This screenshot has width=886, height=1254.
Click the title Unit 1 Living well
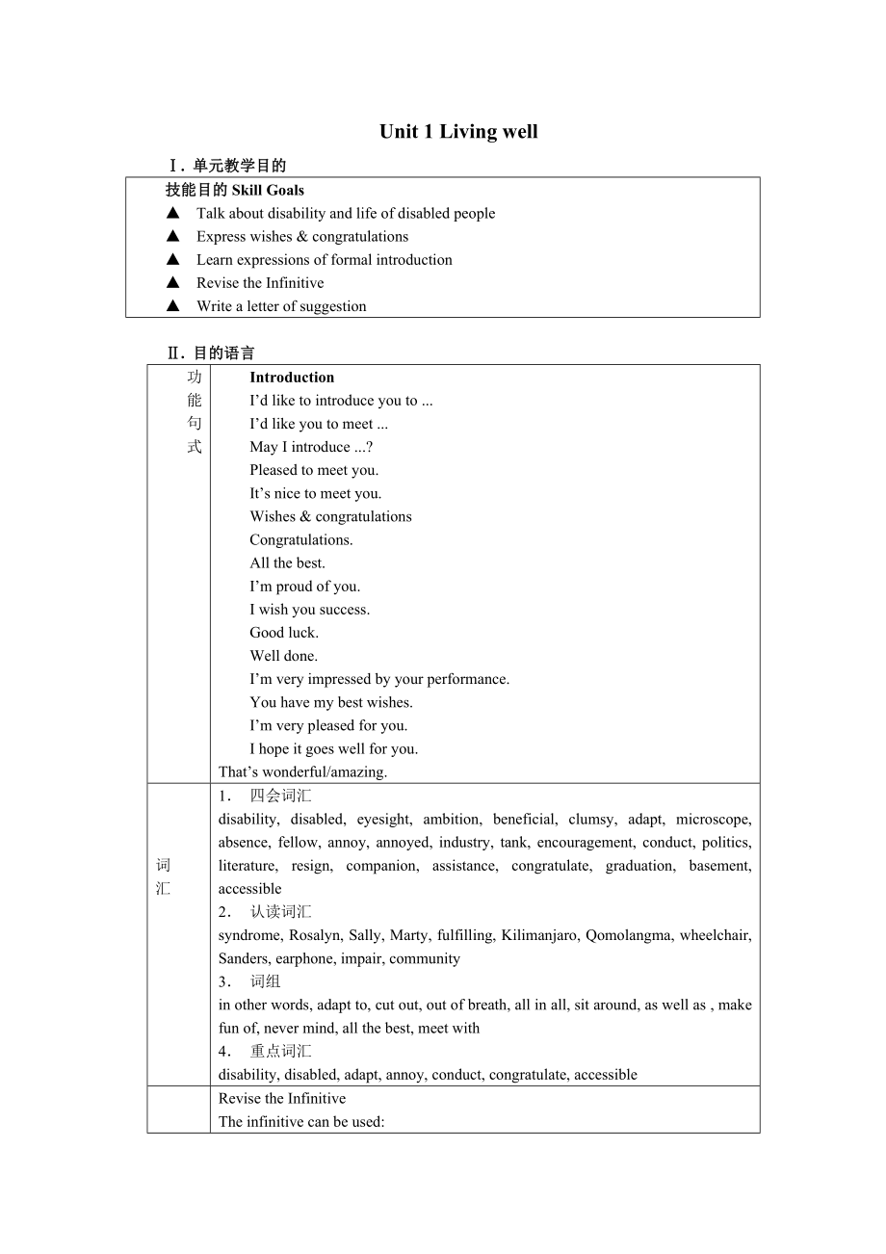458,132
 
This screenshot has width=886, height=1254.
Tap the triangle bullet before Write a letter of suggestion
173,305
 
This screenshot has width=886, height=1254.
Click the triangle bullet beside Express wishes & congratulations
173,236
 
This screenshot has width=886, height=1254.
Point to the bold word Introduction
292,378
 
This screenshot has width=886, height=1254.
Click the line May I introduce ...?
311,447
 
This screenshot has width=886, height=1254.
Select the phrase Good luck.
284,633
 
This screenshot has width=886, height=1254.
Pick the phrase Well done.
284,656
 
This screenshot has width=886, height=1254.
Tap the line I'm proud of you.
305,587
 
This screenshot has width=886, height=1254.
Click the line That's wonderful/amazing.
302,771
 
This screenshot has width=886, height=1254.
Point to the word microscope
714,820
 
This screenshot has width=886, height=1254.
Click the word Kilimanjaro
539,935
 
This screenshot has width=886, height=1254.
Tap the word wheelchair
716,935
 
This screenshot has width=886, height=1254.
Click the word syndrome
248,935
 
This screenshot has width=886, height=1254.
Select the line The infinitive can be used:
301,1121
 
